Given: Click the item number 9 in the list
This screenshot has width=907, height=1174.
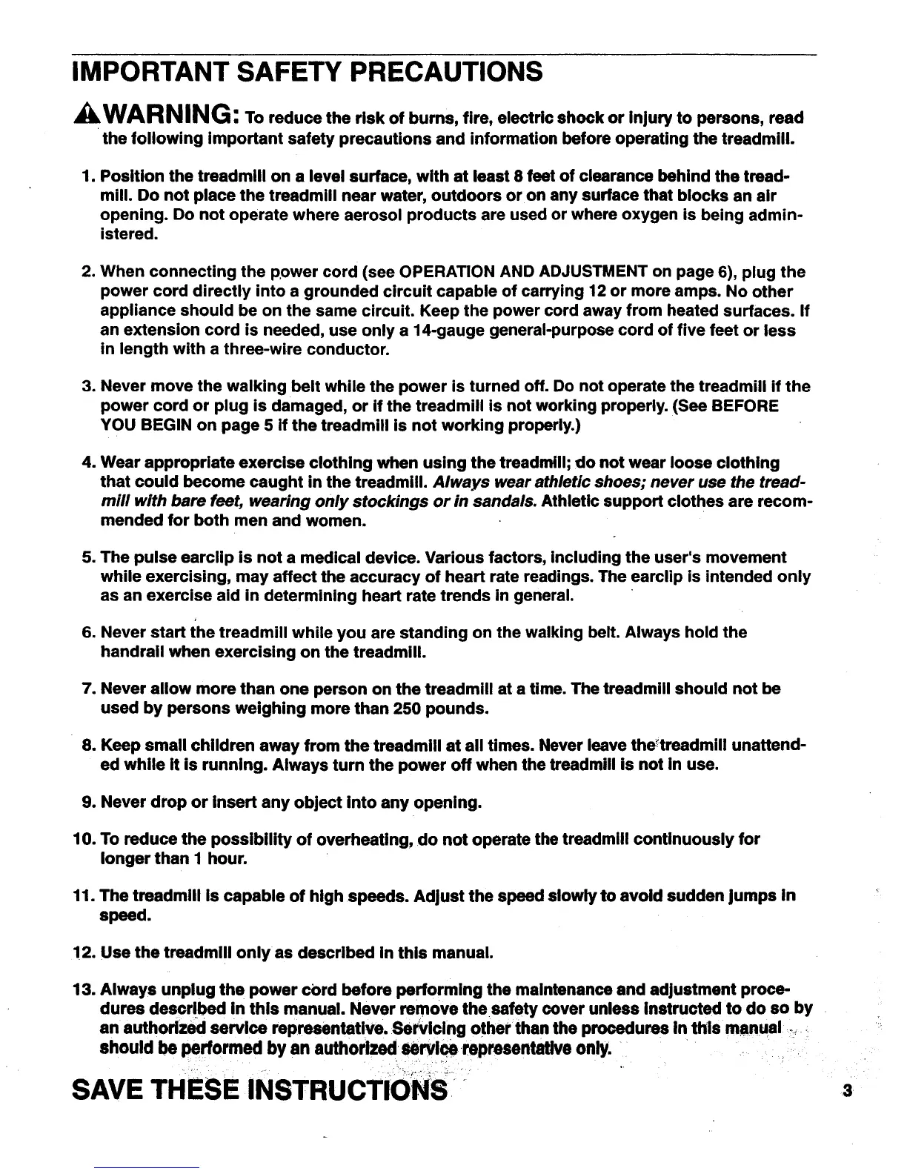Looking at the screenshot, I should [85, 803].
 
